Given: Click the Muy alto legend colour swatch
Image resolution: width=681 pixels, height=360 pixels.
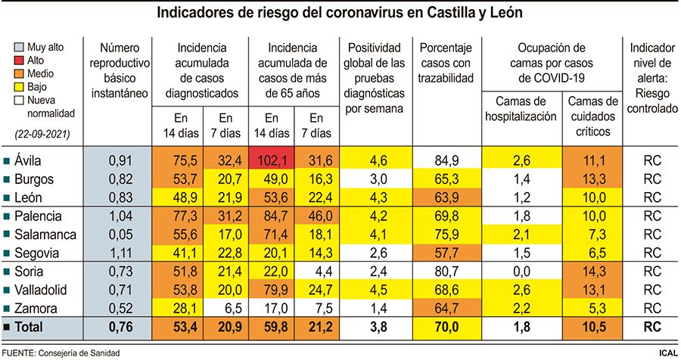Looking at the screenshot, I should click(20, 46).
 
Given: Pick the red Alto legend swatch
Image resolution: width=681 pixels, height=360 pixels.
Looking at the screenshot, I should click(20, 60).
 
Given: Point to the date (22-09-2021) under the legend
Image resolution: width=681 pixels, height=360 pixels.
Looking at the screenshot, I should click(43, 134).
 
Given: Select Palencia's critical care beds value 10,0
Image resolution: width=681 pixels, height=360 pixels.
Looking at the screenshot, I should click(592, 216).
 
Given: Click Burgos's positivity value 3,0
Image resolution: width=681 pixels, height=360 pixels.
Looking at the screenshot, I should click(376, 178).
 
